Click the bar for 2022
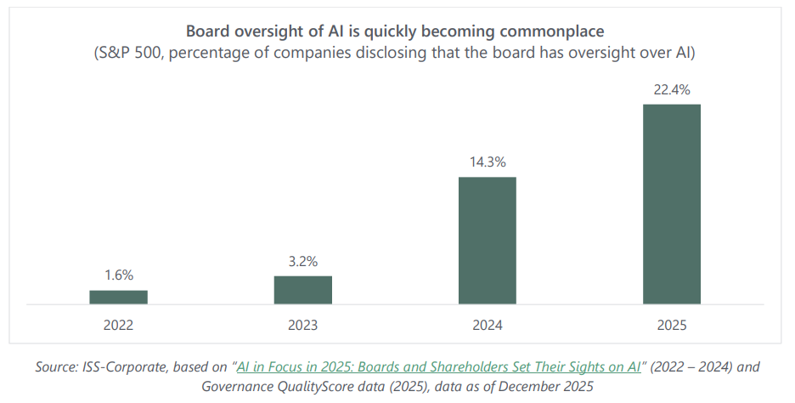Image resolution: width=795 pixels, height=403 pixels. tap(118, 297)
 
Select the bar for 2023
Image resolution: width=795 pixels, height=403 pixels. tap(302, 290)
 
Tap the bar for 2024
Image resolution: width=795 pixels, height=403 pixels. tap(487, 241)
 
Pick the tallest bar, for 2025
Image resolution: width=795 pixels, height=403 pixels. tap(671, 204)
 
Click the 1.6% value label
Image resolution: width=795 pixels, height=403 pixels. tap(118, 275)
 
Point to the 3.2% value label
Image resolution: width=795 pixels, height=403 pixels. tap(302, 261)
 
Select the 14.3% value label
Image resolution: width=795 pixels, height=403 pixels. tap(487, 162)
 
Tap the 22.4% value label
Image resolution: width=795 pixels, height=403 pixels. tap(671, 89)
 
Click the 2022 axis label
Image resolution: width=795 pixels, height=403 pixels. tap(118, 325)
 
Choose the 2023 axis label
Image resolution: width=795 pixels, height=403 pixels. tap(302, 325)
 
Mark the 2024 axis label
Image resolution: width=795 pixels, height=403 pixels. tap(487, 325)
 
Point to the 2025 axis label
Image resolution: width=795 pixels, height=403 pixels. tap(671, 325)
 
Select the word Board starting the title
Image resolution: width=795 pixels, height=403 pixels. tap(208, 31)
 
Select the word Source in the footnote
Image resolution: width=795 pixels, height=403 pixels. tap(56, 367)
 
